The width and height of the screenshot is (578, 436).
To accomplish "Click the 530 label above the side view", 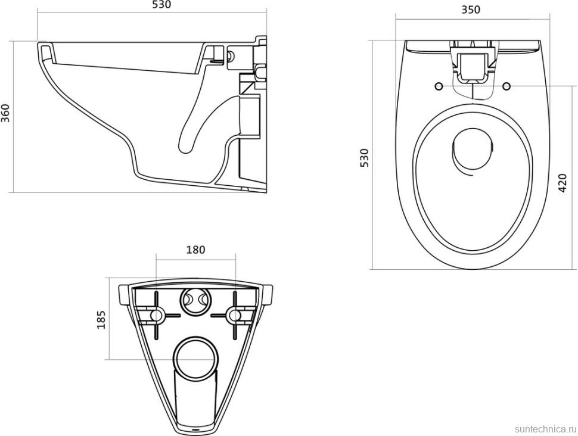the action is (x=161, y=5).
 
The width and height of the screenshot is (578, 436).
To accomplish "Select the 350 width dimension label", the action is (x=471, y=10).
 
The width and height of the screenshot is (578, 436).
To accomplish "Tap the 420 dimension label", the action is (x=563, y=182).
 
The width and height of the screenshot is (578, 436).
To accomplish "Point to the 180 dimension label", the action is (x=195, y=250).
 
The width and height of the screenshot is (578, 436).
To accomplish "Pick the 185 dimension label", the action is (x=101, y=319).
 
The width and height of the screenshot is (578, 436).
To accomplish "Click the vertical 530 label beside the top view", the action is (x=364, y=157).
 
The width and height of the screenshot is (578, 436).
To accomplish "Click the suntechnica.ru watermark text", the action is (x=546, y=429).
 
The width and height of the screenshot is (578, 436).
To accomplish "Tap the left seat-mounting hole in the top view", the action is (x=439, y=86).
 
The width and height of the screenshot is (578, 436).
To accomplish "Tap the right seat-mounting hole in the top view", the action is (x=506, y=86).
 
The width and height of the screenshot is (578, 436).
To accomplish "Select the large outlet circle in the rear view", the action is (x=195, y=357).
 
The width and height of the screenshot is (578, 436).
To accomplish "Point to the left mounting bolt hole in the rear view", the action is (x=156, y=315).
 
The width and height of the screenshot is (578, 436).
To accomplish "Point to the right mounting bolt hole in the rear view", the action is (x=234, y=315).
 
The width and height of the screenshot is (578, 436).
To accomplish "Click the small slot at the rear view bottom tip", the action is (x=195, y=429).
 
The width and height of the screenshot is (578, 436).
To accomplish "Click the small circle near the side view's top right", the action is (x=231, y=56).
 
